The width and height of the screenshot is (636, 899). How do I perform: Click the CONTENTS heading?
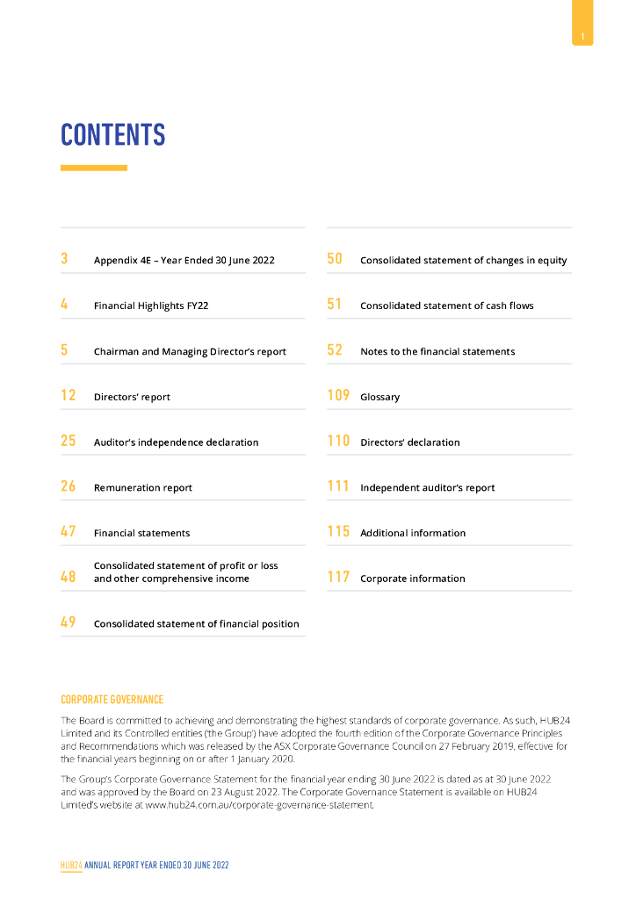[x=112, y=135]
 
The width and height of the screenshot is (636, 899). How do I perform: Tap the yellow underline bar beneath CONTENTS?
[x=93, y=168]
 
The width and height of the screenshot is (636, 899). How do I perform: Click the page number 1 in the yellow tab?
[x=582, y=36]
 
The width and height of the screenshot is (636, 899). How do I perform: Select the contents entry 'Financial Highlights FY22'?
[x=151, y=306]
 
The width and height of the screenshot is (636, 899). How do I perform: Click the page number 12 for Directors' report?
[x=68, y=396]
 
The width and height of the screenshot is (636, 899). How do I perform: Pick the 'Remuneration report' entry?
[x=143, y=488]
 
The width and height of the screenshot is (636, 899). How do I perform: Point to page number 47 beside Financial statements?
[x=68, y=532]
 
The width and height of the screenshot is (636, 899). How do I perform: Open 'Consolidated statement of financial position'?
[x=197, y=624]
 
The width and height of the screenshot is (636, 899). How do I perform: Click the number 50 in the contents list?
[x=335, y=259]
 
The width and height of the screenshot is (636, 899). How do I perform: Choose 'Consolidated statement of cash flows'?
[x=447, y=306]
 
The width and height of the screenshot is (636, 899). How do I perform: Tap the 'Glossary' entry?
[x=380, y=398]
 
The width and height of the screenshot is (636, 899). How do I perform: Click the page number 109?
[x=338, y=396]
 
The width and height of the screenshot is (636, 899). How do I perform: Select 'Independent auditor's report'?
[x=428, y=488]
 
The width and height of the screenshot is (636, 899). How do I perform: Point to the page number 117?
[x=338, y=578]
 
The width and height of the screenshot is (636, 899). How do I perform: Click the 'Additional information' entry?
[x=413, y=533]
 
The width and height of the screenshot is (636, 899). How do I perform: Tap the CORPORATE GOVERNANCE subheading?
[x=112, y=700]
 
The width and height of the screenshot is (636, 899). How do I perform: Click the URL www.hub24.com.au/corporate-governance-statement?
[x=260, y=804]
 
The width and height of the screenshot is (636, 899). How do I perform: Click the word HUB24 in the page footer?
[x=71, y=865]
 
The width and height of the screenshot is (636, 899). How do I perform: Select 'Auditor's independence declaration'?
[x=177, y=442]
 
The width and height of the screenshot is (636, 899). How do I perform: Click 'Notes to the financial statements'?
[x=437, y=352]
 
